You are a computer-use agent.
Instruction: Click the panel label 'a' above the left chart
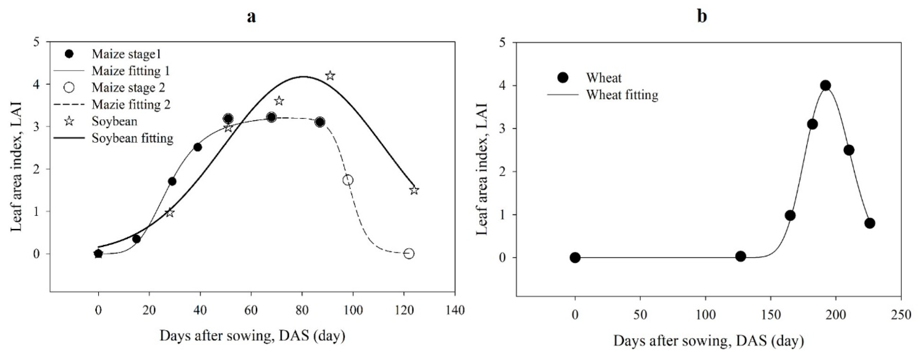point(251,17)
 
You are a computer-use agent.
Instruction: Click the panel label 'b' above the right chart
point(702,16)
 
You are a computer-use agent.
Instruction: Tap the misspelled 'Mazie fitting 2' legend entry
point(131,105)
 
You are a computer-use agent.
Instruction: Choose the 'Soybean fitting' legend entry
point(132,138)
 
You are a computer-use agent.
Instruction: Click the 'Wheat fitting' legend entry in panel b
point(622,95)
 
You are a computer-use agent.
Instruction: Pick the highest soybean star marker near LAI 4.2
point(330,76)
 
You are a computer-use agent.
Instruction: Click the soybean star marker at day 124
point(414,190)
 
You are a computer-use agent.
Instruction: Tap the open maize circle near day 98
point(348,180)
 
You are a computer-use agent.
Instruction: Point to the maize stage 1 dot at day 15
point(136,239)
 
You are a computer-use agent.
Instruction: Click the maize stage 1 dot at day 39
point(198,147)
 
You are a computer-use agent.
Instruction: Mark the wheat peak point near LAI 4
point(825,85)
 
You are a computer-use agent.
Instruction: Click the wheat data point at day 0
point(575,258)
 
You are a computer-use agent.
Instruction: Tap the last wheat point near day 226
point(870,223)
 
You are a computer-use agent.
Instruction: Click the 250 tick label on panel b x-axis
point(901,315)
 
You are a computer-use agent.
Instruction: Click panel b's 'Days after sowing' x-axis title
point(708,341)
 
